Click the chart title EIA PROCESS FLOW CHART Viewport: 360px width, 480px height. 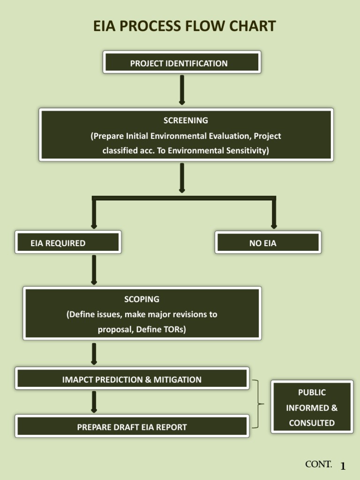184,26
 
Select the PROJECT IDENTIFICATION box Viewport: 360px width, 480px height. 181,62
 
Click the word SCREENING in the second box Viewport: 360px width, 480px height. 186,120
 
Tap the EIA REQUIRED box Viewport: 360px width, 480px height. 68,242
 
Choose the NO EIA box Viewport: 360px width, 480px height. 268,242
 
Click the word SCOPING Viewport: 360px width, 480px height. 142,299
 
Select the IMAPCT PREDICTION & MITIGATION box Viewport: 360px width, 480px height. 132,379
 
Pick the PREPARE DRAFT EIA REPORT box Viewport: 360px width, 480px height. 132,426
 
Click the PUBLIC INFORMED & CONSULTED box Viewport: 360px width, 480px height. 312,407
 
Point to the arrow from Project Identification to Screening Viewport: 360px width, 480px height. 182,89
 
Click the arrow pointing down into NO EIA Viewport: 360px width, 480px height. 274,215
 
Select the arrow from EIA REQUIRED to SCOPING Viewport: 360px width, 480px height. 94,270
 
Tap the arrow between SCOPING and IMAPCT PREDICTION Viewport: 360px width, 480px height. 94,353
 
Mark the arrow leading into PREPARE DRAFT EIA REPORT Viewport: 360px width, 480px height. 94,402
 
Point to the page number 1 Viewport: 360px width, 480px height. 343,466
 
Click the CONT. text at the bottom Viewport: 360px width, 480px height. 318,464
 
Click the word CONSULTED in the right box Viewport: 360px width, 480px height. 312,423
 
